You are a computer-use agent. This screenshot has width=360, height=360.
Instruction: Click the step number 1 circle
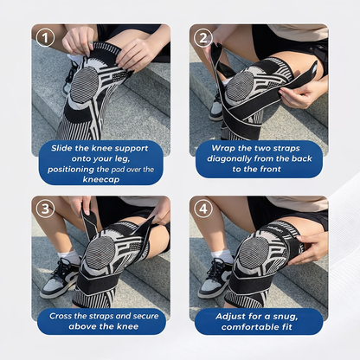[46, 38]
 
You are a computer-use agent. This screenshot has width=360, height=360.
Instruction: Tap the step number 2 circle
[203, 38]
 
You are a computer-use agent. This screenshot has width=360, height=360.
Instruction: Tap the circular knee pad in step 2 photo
[241, 86]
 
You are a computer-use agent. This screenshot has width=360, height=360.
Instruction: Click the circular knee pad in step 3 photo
[103, 254]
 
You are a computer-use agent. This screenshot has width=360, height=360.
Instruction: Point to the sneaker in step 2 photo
[216, 107]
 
